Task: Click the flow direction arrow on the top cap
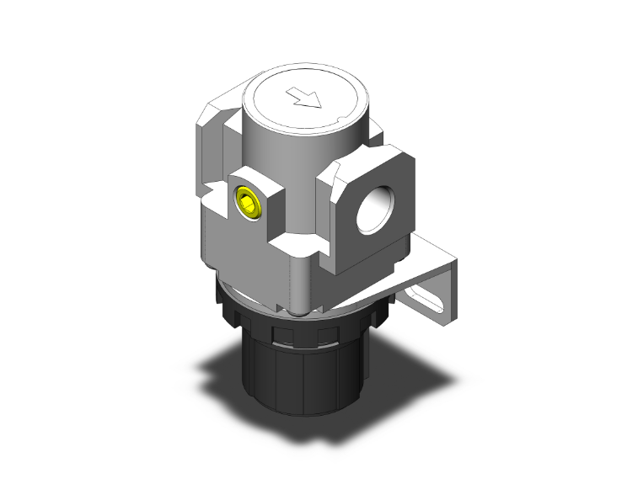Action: tap(304, 98)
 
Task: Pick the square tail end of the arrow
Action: tap(292, 92)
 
